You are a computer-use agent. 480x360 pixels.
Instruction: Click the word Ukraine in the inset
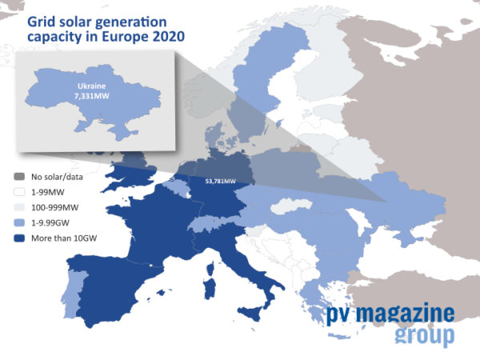91,86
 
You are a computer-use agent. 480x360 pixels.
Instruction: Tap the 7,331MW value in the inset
91,96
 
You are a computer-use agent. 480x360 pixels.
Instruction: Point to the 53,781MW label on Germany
221,182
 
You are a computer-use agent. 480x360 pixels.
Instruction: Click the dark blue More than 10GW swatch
19,238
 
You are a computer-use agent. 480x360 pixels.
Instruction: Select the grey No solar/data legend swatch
19,177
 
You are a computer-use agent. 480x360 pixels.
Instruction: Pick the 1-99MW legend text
48,192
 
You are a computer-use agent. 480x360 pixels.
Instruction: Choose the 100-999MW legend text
54,207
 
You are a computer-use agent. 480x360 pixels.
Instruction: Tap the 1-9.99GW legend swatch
19,222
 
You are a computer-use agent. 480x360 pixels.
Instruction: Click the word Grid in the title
39,22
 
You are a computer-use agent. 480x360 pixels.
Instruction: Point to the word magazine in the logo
405,313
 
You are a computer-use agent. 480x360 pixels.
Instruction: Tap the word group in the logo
425,335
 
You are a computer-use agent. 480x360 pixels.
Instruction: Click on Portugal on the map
73,294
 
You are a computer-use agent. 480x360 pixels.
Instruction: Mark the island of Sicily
250,314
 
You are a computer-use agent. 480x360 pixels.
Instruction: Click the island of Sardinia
210,288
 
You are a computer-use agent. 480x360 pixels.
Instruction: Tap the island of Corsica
210,269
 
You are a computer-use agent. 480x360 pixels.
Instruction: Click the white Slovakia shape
290,206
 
